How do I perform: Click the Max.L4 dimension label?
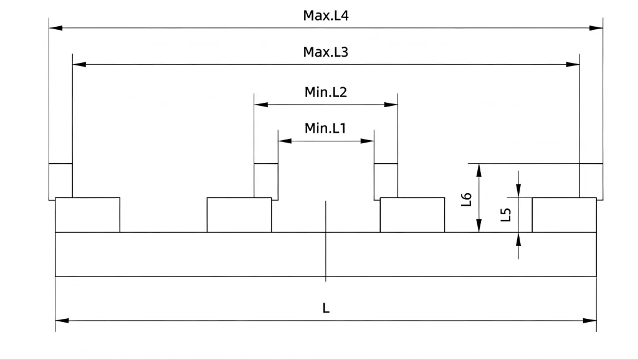click(x=325, y=16)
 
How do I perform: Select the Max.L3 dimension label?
click(x=325, y=52)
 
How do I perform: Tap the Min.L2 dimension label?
click(x=325, y=92)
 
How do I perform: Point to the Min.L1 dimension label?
click(x=325, y=128)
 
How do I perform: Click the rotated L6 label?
click(x=466, y=199)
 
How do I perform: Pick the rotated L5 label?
click(x=505, y=214)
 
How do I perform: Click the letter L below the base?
click(x=326, y=308)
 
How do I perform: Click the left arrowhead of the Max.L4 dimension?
click(x=55, y=28)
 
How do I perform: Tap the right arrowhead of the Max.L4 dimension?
click(x=596, y=28)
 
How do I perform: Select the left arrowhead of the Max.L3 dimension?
click(x=79, y=64)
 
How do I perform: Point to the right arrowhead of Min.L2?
click(x=391, y=105)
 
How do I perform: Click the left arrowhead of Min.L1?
click(x=285, y=141)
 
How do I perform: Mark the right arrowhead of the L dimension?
click(x=589, y=321)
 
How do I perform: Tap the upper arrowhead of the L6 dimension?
click(x=479, y=171)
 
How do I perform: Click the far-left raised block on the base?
click(x=87, y=215)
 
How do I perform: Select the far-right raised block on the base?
click(x=564, y=215)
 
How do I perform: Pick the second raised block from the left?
click(x=239, y=215)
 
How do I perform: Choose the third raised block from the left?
click(x=412, y=215)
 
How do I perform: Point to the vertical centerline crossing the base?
click(x=325, y=241)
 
